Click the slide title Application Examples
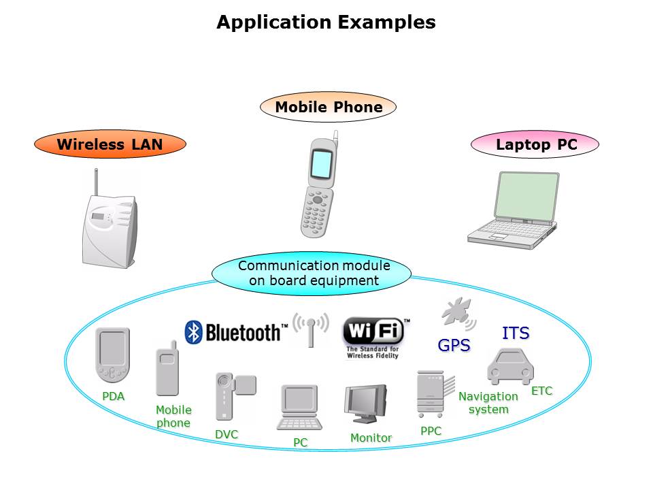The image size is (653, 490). pyautogui.click(x=326, y=22)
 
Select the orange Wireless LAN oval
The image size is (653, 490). pyautogui.click(x=110, y=144)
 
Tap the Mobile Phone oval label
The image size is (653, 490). pyautogui.click(x=328, y=107)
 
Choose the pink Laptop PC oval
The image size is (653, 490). pyautogui.click(x=535, y=144)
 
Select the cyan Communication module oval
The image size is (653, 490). pyautogui.click(x=312, y=273)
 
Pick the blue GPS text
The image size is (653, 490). pyautogui.click(x=454, y=346)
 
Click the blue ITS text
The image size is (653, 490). pyautogui.click(x=515, y=333)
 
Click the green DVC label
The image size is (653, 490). pyautogui.click(x=227, y=434)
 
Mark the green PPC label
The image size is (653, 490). pyautogui.click(x=431, y=431)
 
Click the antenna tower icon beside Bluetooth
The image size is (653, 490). pyautogui.click(x=311, y=329)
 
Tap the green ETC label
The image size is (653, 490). pyautogui.click(x=541, y=391)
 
